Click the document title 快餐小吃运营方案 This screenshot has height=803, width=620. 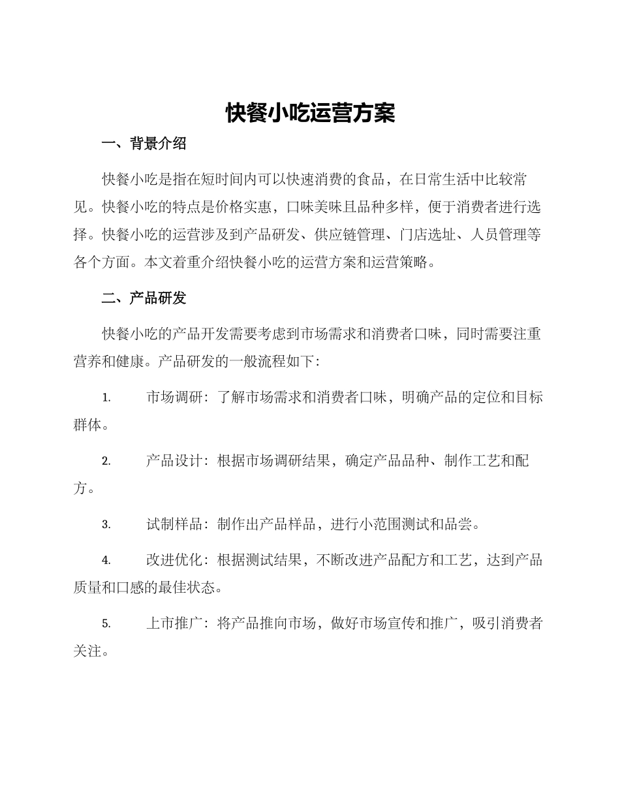310,114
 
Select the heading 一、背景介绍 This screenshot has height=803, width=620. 144,144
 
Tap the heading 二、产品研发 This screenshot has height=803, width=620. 144,298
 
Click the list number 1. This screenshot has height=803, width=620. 106,398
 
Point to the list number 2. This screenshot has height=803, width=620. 106,462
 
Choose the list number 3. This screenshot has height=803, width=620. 106,525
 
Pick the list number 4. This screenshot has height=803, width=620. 106,561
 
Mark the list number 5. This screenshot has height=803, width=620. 106,624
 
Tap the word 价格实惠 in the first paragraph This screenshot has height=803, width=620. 243,208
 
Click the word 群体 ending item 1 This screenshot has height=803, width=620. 87,425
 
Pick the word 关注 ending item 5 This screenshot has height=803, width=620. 87,652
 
